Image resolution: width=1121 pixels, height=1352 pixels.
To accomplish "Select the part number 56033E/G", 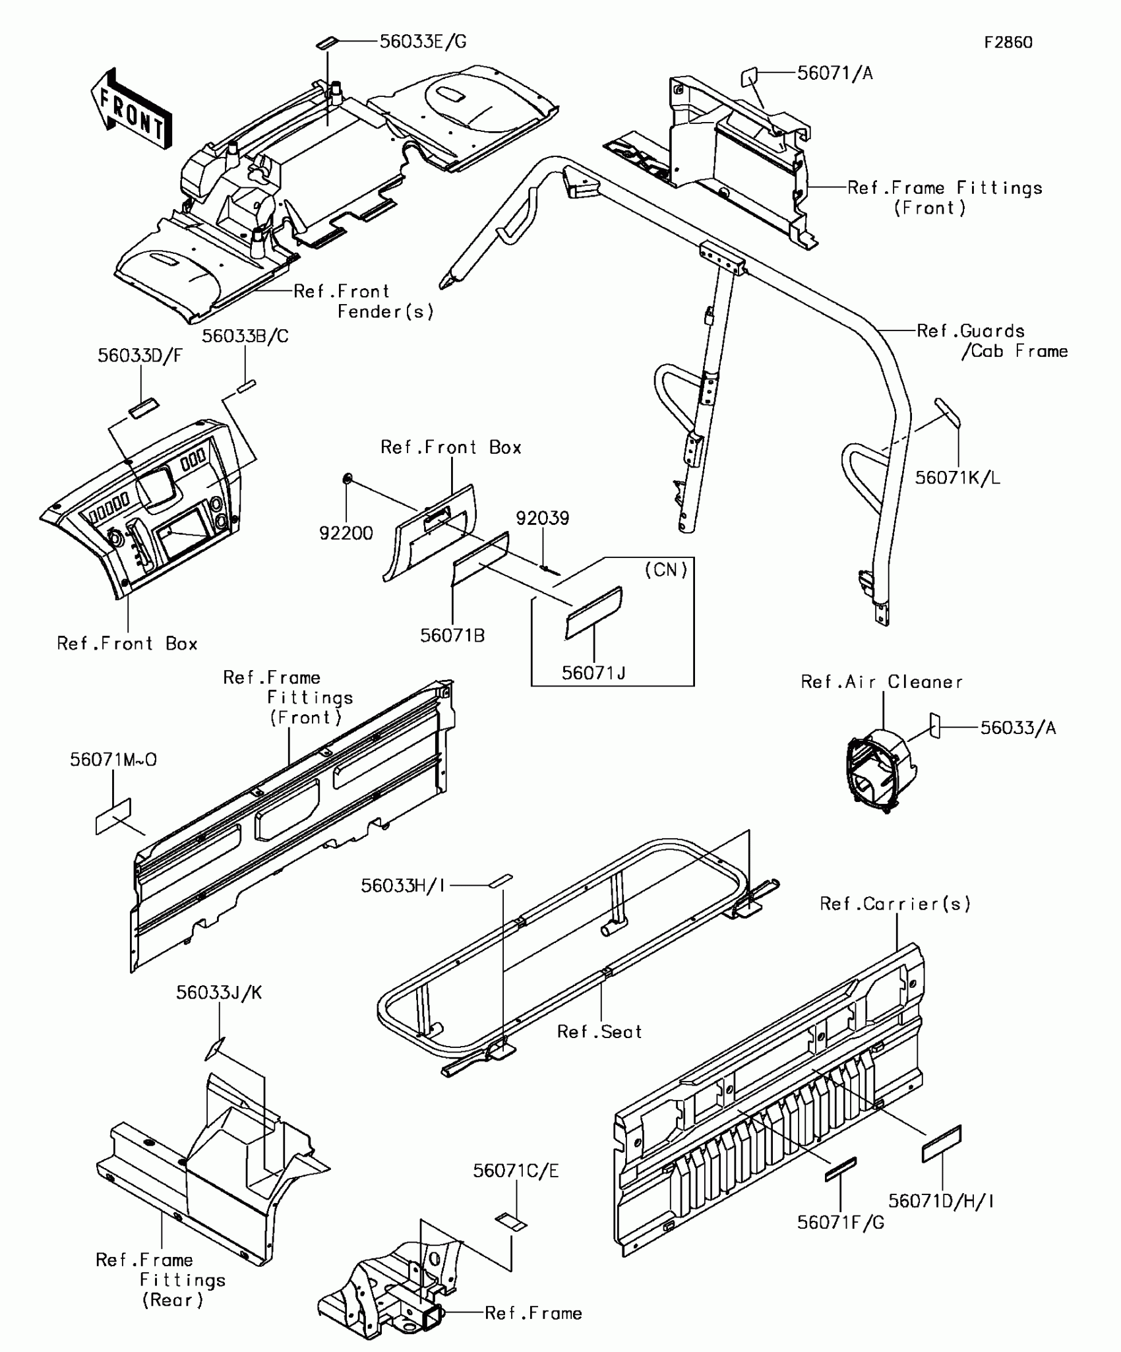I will coord(423,42).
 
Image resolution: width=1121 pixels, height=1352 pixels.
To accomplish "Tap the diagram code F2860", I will coord(1008,43).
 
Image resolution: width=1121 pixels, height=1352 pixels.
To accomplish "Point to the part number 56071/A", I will coord(835,73).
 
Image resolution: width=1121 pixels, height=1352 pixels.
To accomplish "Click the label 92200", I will coord(346,533).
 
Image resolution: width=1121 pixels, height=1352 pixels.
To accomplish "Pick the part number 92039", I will coord(542,518).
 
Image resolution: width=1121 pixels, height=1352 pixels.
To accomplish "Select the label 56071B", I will coord(452,636).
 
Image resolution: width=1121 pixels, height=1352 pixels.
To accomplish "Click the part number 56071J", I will coord(593,673).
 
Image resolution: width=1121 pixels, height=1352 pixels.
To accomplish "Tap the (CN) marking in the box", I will coord(666,569).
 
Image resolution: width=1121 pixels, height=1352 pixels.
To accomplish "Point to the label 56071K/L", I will coord(957,477).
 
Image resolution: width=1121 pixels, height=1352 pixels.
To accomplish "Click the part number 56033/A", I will coord(1018,728).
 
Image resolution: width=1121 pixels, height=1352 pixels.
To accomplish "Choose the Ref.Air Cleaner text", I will coord(882,682).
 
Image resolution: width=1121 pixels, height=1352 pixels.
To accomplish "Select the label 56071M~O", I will coord(113,760).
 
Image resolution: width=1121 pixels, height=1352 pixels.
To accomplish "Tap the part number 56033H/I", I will coord(403,886).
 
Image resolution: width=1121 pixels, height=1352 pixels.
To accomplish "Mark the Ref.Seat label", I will coord(599,1031).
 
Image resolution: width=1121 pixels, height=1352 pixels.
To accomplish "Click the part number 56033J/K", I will coord(219,993).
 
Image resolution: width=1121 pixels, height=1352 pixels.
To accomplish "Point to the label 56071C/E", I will coord(516,1171).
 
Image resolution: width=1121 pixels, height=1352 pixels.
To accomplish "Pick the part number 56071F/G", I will coord(841,1222).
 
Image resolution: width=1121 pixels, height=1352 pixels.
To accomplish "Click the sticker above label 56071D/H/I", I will coord(941,1144).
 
